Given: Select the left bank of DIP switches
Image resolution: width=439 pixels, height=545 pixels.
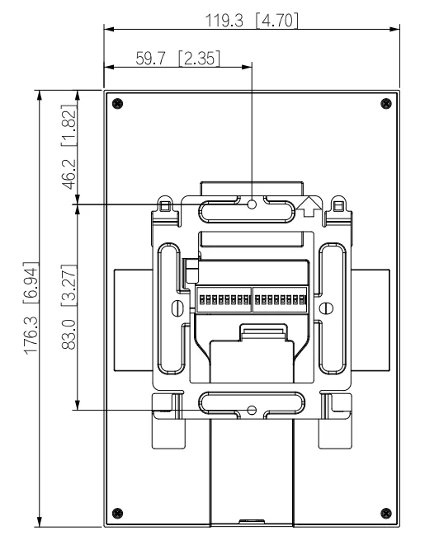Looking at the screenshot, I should pyautogui.click(x=222, y=297).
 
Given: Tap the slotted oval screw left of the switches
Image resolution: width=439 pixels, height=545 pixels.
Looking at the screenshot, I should pyautogui.click(x=175, y=308).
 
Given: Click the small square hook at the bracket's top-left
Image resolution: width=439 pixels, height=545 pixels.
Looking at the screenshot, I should pyautogui.click(x=166, y=204).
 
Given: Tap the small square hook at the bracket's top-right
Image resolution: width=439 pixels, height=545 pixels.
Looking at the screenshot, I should pyautogui.click(x=338, y=204).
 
